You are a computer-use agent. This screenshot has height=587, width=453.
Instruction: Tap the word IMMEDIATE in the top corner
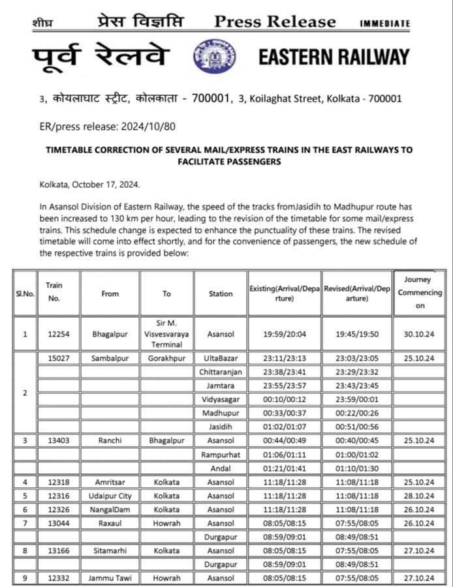[x=385, y=23]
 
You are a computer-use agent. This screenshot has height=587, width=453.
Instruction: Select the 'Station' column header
[x=221, y=293]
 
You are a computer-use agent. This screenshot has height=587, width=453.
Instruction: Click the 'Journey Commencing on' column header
[x=420, y=293]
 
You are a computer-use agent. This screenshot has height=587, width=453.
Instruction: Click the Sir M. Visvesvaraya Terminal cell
[x=166, y=334]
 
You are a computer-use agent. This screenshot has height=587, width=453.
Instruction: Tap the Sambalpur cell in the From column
[x=110, y=359]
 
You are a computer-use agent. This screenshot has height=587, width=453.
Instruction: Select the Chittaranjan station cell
[x=221, y=372]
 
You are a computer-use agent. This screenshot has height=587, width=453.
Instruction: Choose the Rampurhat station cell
[x=221, y=454]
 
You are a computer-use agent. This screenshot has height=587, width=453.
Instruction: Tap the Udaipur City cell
[x=110, y=496]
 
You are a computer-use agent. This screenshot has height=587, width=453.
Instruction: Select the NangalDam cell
[x=110, y=509]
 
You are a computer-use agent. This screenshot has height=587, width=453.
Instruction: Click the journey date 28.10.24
[x=420, y=496]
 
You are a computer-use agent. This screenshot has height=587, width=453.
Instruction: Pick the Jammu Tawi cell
[x=110, y=578]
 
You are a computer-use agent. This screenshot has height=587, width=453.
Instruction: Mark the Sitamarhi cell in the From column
[x=110, y=550]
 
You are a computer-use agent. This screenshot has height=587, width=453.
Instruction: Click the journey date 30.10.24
[x=420, y=335]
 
